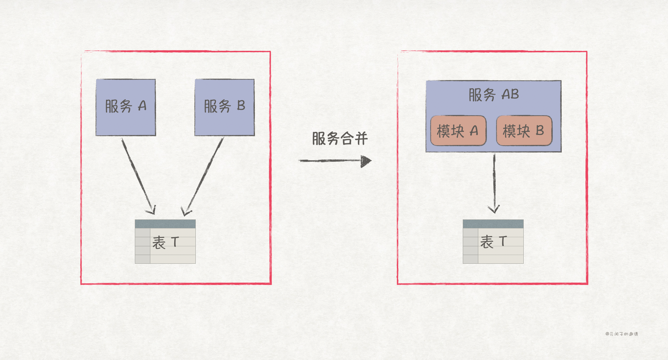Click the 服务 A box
126,107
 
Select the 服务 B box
225,107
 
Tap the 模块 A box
458,131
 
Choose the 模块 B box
524,131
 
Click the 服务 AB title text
493,94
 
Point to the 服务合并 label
340,138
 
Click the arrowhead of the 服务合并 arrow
366,161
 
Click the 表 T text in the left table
165,242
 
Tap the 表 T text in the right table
493,241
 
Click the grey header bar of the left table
165,224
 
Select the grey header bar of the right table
493,224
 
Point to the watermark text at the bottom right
621,334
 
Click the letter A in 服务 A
142,106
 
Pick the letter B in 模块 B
540,131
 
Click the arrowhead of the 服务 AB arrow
494,209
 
